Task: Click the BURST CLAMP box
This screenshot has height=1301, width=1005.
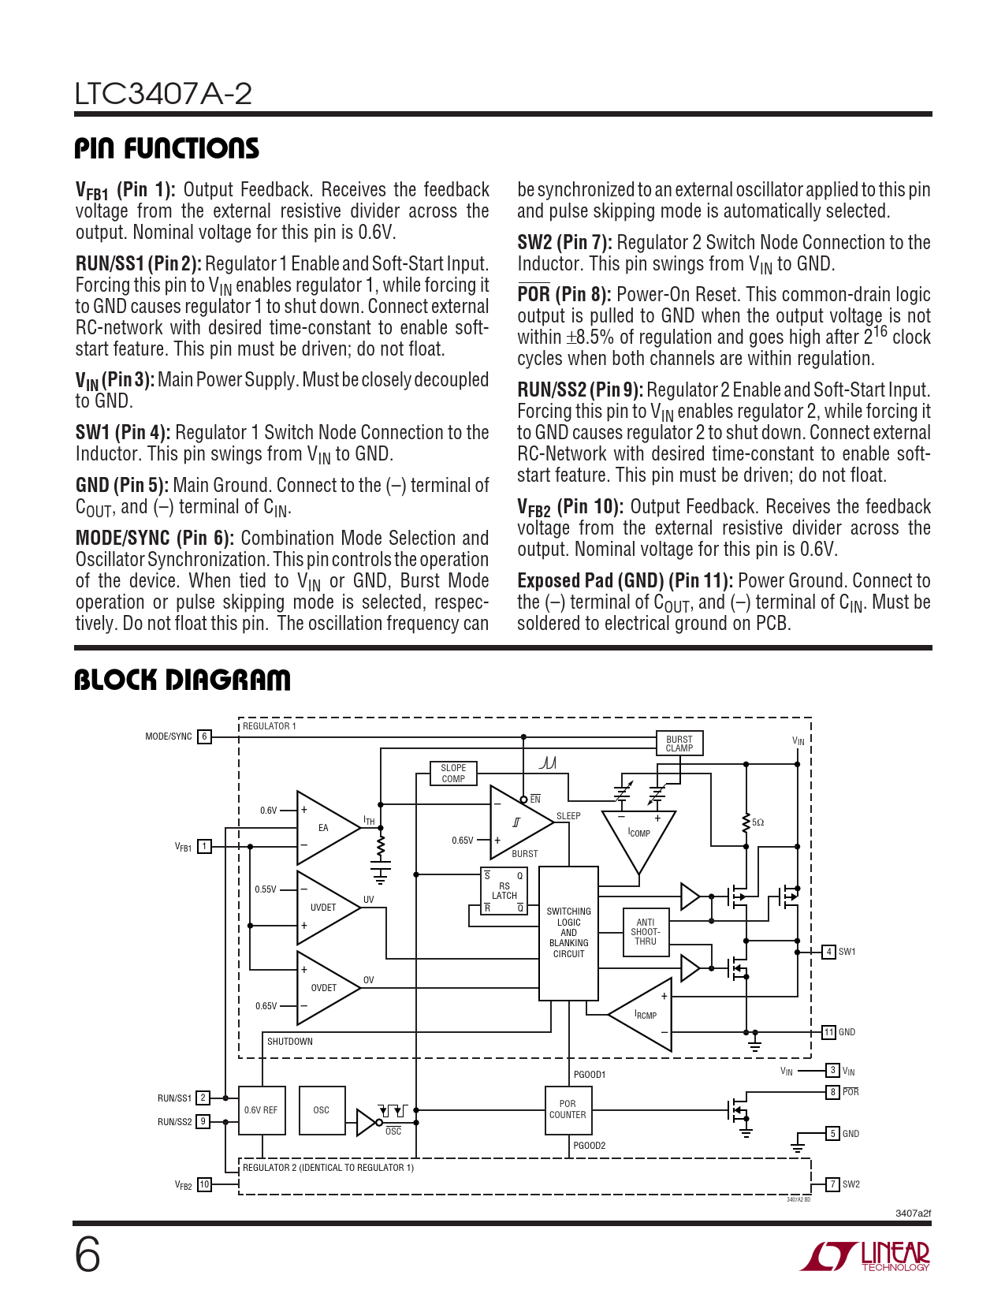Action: point(679,744)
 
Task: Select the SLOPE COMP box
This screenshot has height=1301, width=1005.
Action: point(452,774)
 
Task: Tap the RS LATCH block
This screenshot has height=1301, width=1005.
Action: point(504,891)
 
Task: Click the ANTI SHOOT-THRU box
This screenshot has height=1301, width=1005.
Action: point(646,932)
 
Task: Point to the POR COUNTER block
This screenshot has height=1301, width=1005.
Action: point(568,1109)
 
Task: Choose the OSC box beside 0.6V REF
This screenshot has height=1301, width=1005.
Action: point(322,1110)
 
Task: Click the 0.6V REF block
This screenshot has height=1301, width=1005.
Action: point(261,1110)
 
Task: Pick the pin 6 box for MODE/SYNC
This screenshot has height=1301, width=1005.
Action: point(204,736)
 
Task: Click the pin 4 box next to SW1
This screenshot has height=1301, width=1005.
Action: point(828,952)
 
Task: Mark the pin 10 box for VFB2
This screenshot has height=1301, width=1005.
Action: point(204,1184)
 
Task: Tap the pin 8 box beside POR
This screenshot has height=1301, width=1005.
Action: point(832,1092)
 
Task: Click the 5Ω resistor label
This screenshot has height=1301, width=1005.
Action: point(757,822)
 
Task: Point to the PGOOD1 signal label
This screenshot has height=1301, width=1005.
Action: point(590,1075)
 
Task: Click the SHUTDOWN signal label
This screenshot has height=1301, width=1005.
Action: point(290,1042)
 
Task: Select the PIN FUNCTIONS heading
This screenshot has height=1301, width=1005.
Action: point(166,148)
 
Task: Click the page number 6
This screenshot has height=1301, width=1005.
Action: point(87,1255)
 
